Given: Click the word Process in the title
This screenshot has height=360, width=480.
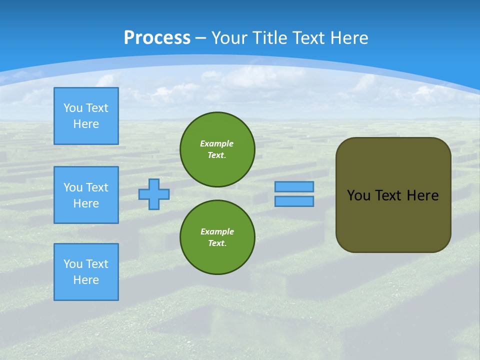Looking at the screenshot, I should click(157, 38).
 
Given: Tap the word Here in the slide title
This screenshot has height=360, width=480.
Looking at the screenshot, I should click(349, 38).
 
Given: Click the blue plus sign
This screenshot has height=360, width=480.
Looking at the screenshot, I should click(154, 194).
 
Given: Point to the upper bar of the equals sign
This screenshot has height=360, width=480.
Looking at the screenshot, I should click(294, 187).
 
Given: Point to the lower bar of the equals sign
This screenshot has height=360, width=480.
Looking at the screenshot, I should click(294, 201).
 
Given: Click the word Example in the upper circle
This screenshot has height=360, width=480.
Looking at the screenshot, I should click(217, 143).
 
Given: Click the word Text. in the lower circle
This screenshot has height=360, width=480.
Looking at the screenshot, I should click(217, 243).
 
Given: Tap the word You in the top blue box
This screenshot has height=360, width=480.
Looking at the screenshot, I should click(73, 108).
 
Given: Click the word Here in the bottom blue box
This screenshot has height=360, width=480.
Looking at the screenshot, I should click(86, 280).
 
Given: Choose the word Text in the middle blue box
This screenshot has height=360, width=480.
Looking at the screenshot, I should click(96, 187).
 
